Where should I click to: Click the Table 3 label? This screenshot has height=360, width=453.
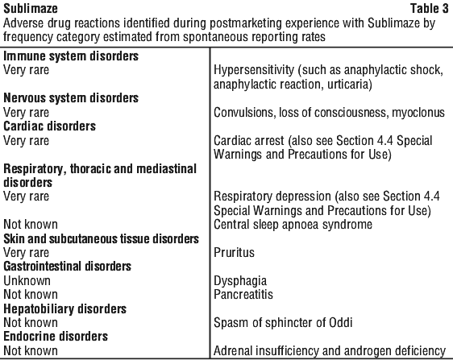(430, 8)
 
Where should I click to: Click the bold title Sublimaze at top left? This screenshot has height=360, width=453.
(31, 8)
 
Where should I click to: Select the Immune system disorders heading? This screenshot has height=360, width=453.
(71, 56)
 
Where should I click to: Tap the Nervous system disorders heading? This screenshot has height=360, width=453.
(71, 98)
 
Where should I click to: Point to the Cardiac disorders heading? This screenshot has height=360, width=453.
(49, 126)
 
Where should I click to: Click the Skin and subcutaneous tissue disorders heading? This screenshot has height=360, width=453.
(101, 238)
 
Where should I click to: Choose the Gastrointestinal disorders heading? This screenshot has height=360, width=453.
(68, 267)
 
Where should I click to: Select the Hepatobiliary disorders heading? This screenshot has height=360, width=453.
(65, 309)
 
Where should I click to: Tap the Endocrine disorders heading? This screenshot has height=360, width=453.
(56, 337)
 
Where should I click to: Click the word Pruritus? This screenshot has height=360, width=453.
(234, 253)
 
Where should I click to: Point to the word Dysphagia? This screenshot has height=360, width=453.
(240, 281)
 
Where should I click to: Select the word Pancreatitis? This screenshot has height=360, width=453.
(243, 295)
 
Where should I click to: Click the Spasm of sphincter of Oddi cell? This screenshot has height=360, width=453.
(283, 323)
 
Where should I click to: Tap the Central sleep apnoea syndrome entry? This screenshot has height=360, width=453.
(293, 225)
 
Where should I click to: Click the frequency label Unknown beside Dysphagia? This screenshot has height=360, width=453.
(27, 280)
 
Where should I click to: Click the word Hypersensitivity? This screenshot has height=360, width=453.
(254, 70)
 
